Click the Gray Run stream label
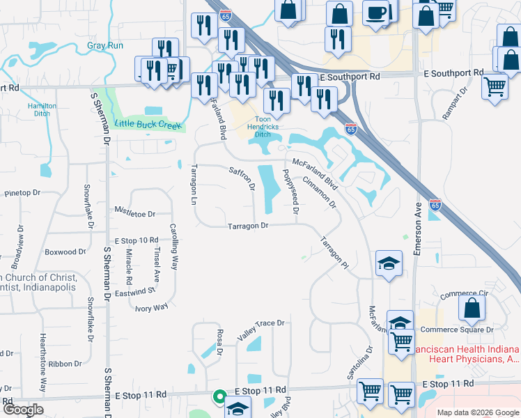pos(105,46)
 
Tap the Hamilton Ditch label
pos(42,109)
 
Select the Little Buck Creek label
pos(148,124)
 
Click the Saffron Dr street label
pos(242,178)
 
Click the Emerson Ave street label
pos(419,230)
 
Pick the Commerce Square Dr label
pos(467,330)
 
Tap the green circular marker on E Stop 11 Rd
pos(219,398)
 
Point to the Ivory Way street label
pos(152,307)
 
